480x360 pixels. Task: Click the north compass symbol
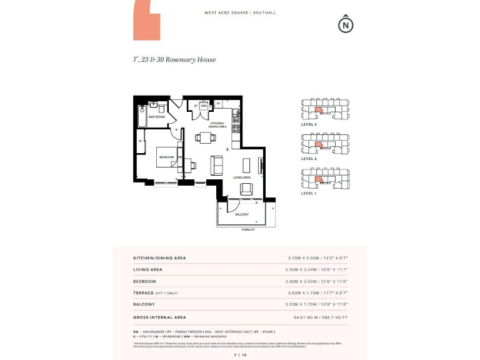345,24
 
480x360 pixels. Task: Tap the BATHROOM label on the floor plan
156,117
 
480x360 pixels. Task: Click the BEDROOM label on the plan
166,156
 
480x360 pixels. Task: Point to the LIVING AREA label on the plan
242,177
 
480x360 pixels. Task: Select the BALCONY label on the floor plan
242,214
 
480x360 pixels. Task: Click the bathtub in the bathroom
142,117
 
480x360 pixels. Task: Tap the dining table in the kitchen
207,137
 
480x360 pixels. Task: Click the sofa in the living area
217,164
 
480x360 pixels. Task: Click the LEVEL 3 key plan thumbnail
325,109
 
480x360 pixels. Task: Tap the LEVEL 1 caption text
309,194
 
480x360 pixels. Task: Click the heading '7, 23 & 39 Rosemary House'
174,60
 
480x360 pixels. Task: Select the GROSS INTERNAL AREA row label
159,317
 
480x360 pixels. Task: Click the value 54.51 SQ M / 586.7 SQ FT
320,317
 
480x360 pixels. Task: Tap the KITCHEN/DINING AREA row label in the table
159,257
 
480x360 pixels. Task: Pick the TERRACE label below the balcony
249,230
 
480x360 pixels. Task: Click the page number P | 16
241,354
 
